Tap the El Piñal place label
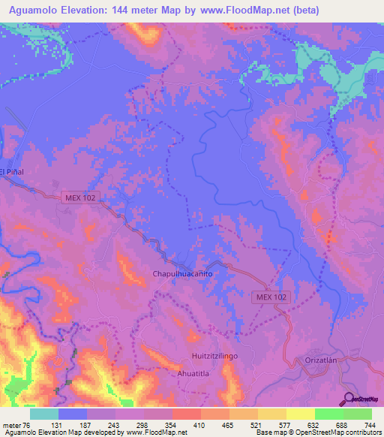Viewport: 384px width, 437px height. tap(13, 172)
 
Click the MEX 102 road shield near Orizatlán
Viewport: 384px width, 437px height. tap(269, 297)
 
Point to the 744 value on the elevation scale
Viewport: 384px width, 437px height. tap(370, 425)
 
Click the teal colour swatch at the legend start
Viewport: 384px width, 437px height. tap(44, 414)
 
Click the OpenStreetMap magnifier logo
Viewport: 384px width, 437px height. tap(349, 399)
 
